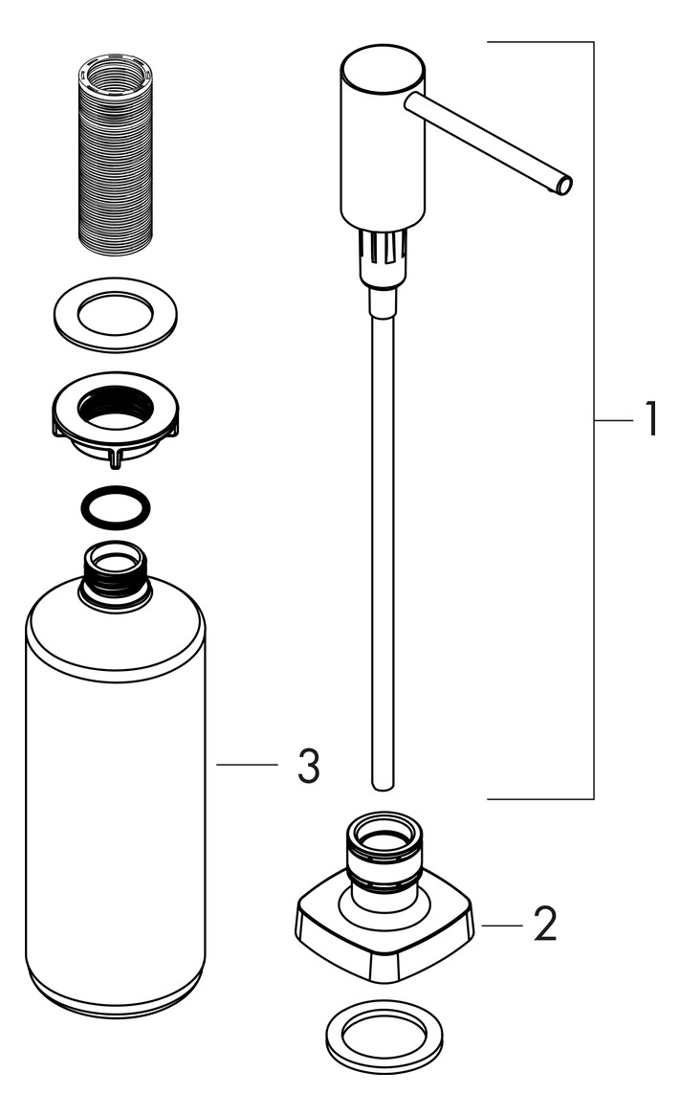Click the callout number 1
coord(651,419)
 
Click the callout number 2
coord(545,925)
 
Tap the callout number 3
coord(308,766)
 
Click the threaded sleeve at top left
coord(115,154)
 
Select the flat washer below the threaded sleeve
coord(115,314)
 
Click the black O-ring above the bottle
coord(115,507)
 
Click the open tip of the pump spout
coord(563,187)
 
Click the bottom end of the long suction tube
coord(383,786)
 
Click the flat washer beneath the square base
coord(384,1037)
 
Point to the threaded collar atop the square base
coord(384,851)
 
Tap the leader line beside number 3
coord(247,765)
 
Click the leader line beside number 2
coord(503,926)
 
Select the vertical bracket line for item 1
coord(593,420)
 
